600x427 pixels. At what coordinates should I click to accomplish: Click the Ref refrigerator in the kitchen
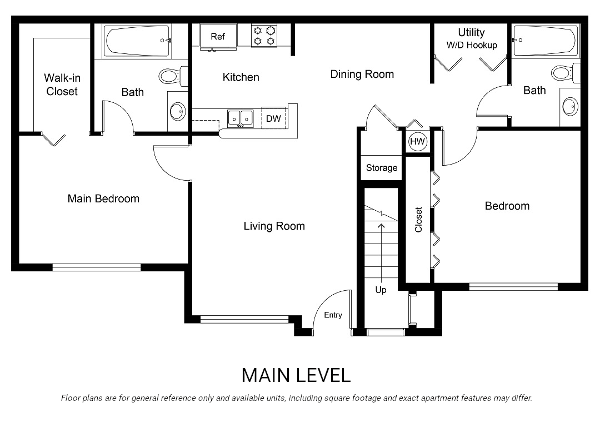[218, 37]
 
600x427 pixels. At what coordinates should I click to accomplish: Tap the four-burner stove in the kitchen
[264, 36]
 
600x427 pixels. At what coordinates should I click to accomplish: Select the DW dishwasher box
[273, 118]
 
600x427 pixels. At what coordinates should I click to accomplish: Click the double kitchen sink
[240, 118]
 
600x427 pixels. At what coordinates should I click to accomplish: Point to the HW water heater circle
[417, 142]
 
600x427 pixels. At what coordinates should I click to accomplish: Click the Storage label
[382, 168]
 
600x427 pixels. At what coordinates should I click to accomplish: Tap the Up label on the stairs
[381, 290]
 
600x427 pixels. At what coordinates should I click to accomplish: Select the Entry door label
[333, 315]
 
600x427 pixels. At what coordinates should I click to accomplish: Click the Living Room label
[274, 226]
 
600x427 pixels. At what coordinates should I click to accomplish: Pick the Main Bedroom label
[103, 198]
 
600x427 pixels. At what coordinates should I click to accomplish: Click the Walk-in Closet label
[62, 85]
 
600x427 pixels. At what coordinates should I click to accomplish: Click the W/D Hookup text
[471, 45]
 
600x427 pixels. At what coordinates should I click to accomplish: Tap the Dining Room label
[362, 74]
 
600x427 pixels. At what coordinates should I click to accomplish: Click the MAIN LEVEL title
[296, 375]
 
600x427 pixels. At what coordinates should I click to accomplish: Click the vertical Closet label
[418, 220]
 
